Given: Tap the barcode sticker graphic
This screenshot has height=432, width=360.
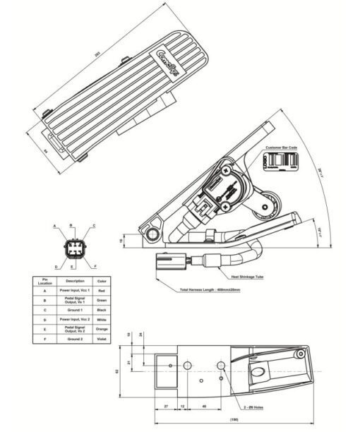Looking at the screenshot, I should [282, 161].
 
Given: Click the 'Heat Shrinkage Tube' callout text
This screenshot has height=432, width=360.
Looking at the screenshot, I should [246, 276].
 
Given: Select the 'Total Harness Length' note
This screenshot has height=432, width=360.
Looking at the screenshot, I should [210, 290].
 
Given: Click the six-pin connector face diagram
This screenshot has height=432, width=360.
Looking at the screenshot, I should [73, 248].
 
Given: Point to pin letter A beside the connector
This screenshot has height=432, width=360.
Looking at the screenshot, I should [54, 226].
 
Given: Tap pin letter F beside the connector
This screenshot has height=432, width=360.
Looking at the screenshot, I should [95, 266].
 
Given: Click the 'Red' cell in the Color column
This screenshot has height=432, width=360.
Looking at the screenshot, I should [101, 290].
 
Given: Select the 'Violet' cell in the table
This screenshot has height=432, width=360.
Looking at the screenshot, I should [101, 340].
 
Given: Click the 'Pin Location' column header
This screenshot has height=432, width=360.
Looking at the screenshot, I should [44, 280].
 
